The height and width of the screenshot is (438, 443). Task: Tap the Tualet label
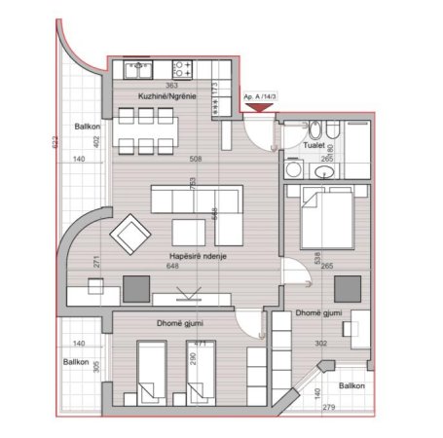pos(314,144)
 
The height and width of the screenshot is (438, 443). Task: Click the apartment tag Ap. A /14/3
pos(260,98)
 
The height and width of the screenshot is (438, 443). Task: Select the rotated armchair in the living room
pos(129,235)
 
